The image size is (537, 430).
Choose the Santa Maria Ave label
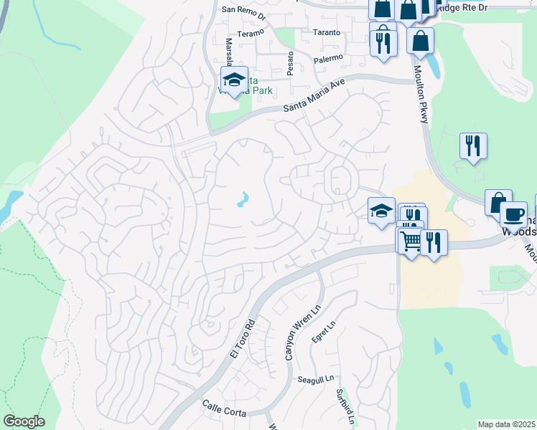[314, 95]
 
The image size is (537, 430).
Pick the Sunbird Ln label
[345, 404]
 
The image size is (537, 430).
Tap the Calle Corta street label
[224, 413]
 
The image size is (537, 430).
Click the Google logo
[24, 421]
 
